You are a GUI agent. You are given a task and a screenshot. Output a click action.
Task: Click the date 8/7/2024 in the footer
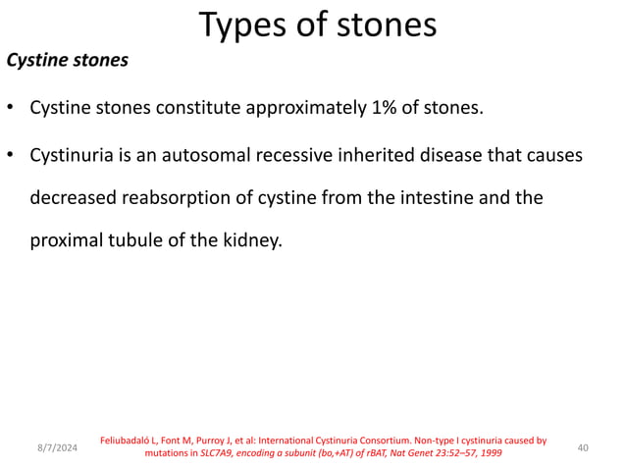(x=57, y=448)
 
